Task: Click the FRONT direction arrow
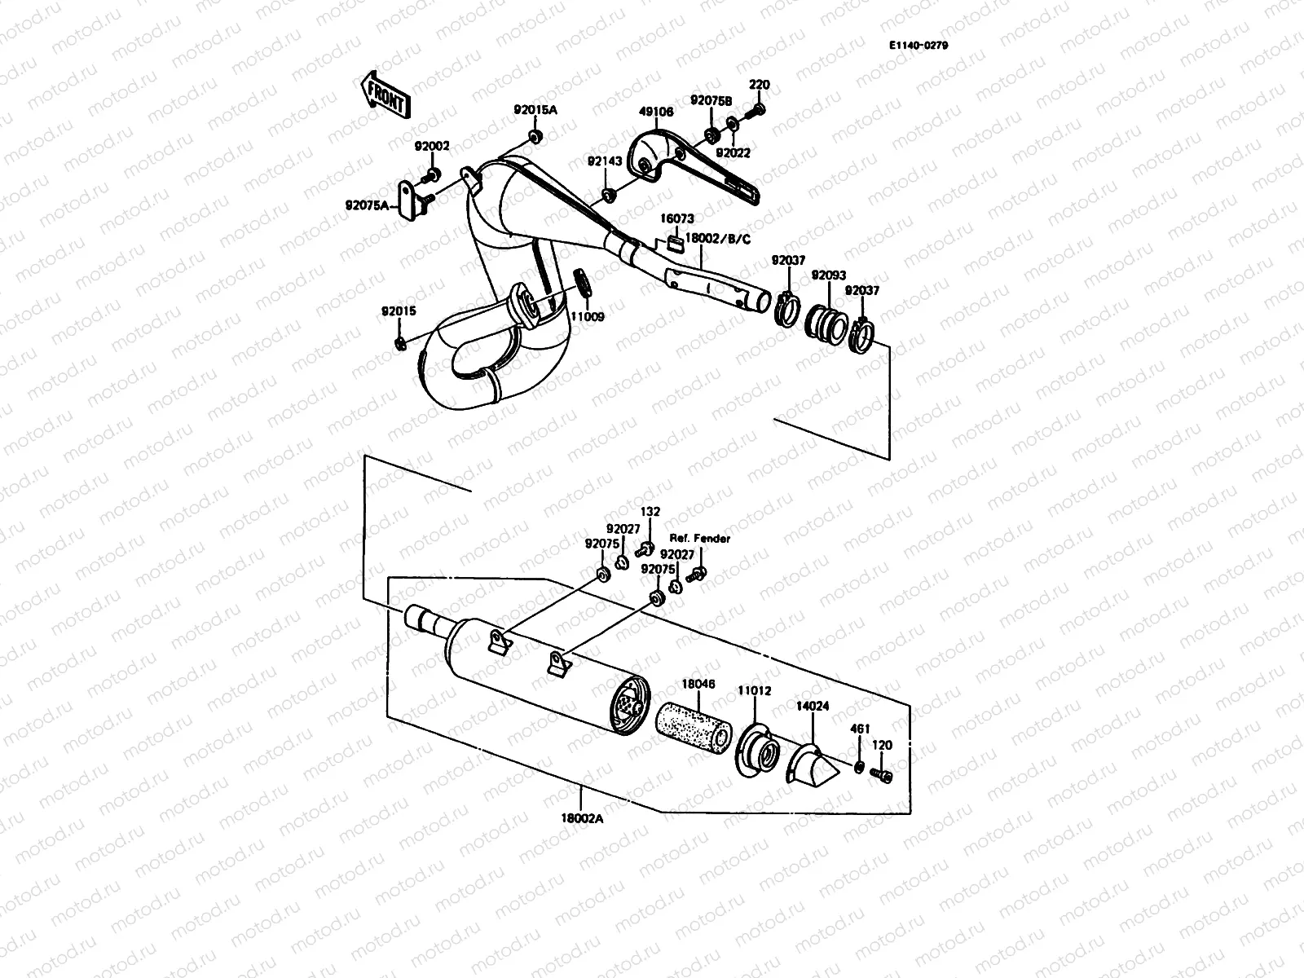pyautogui.click(x=383, y=94)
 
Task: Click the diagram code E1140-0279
pyautogui.click(x=918, y=46)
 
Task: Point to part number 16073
pyautogui.click(x=677, y=219)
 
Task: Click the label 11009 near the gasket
pyautogui.click(x=587, y=316)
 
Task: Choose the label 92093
pyautogui.click(x=827, y=275)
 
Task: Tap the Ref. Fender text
pyautogui.click(x=700, y=539)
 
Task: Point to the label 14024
pyautogui.click(x=813, y=707)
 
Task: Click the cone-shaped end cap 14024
pyautogui.click(x=813, y=764)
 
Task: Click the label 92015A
pyautogui.click(x=535, y=110)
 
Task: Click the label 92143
pyautogui.click(x=605, y=161)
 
